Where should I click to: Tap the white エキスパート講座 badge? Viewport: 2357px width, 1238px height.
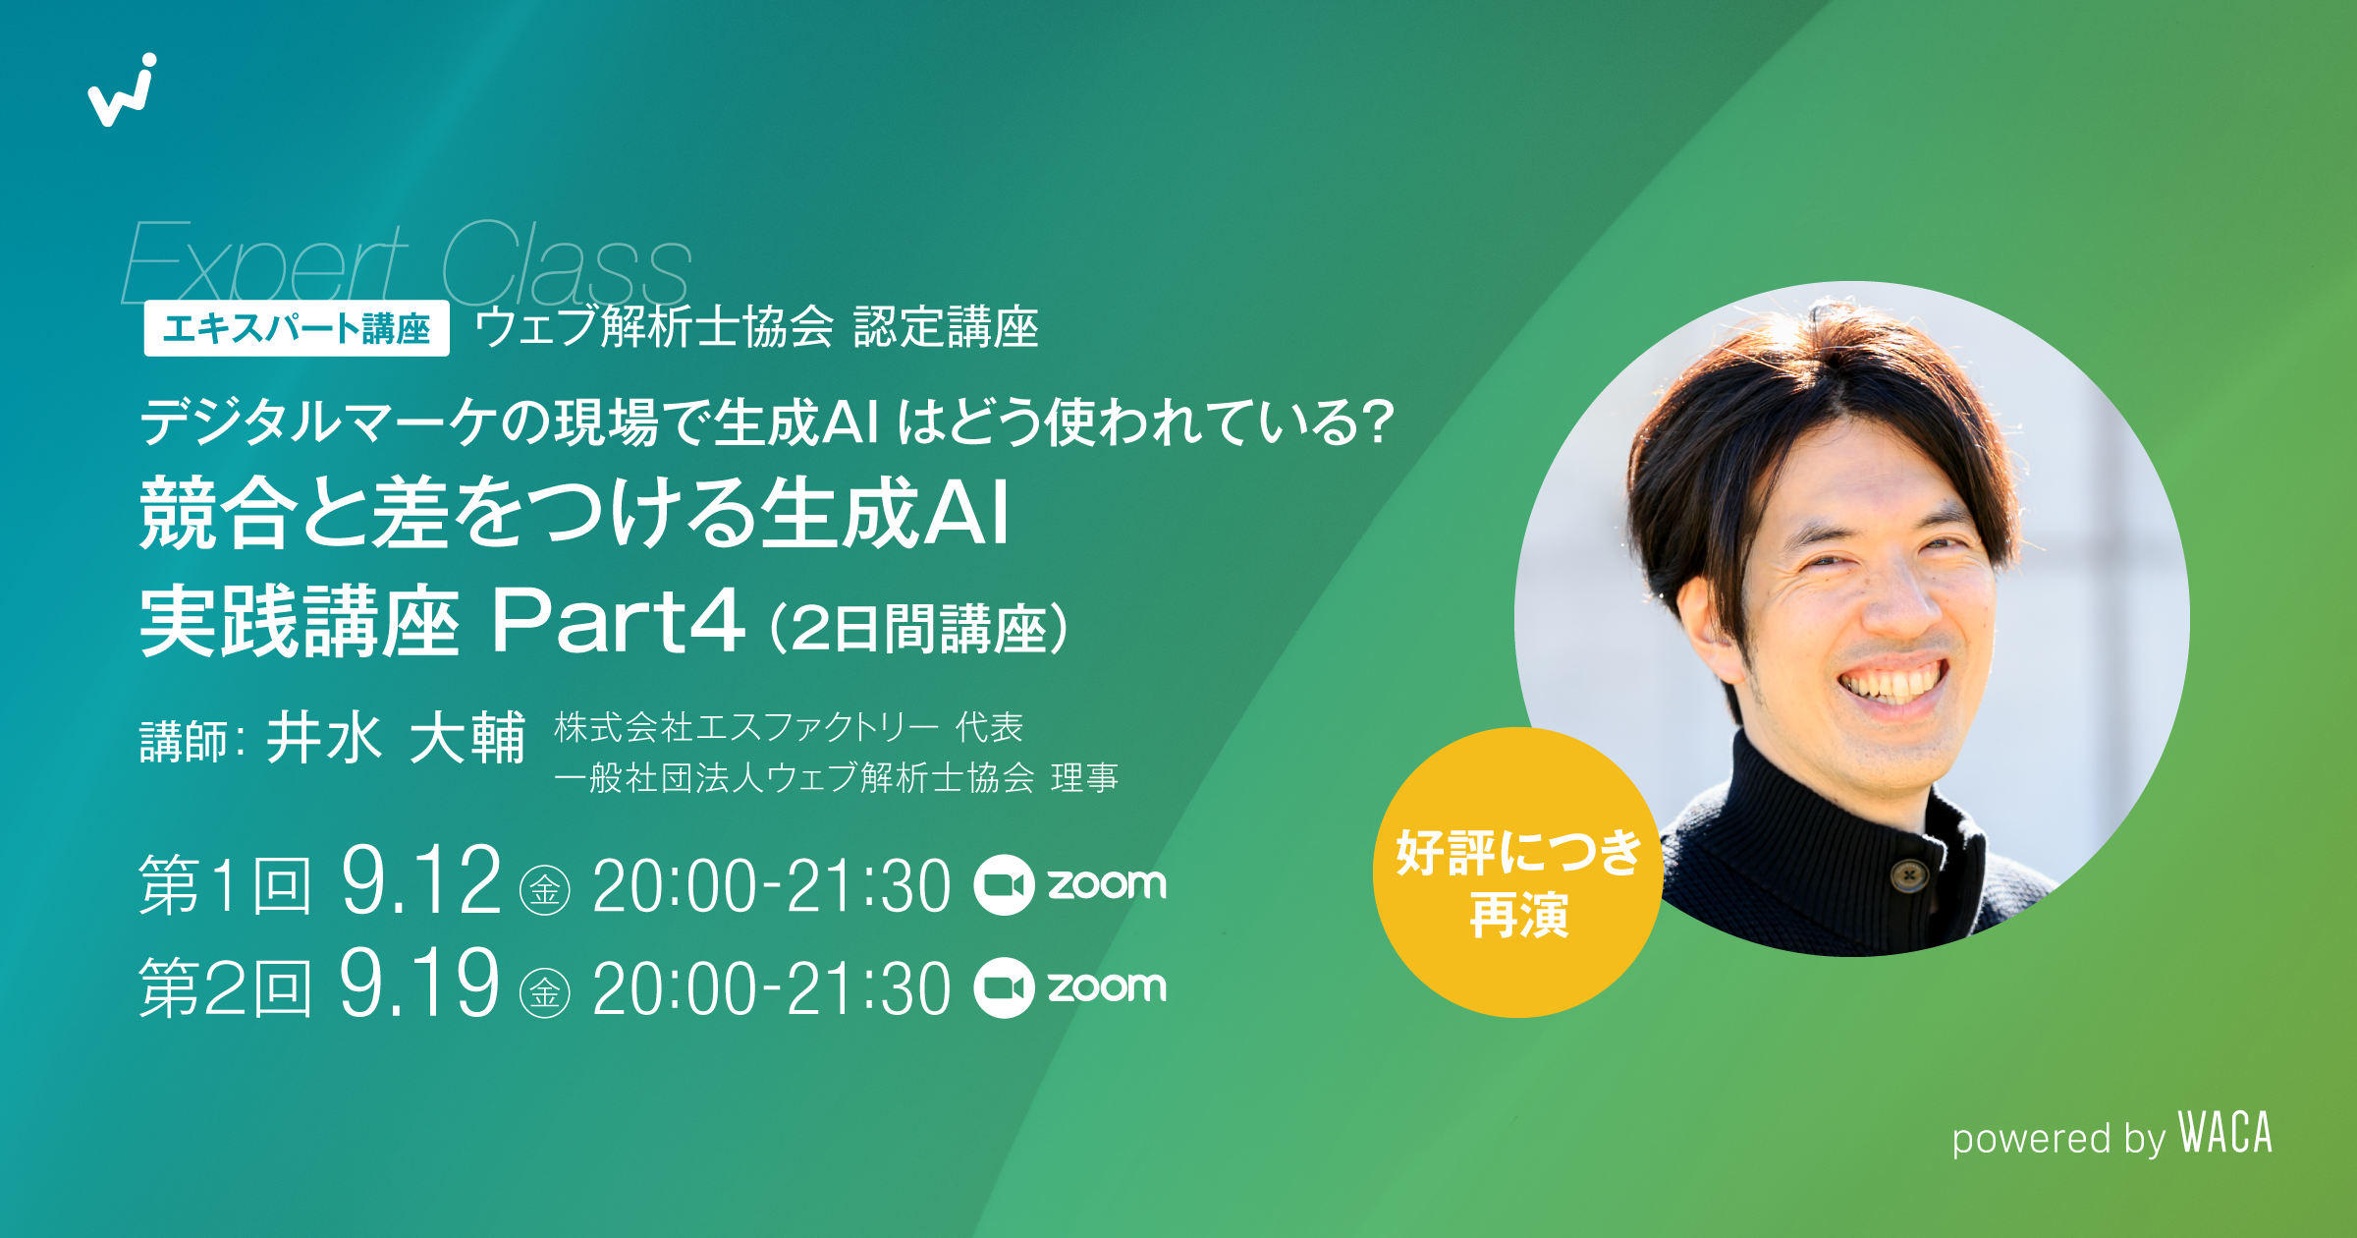coord(297,328)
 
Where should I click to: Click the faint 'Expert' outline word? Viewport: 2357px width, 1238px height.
coord(263,263)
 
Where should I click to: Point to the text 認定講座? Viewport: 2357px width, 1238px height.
coord(946,327)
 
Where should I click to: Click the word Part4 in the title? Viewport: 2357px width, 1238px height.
coord(618,620)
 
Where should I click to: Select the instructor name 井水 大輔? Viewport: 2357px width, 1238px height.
coord(396,738)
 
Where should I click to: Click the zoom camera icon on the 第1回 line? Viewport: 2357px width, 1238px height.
coord(1004,885)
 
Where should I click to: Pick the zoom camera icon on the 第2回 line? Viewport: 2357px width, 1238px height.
coord(1004,987)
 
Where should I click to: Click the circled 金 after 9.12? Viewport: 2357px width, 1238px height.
coord(545,890)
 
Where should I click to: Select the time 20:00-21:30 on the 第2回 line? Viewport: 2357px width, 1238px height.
coord(771,988)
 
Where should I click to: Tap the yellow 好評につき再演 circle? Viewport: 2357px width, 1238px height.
coord(1517,872)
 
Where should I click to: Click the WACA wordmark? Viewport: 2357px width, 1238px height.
coord(2225,1133)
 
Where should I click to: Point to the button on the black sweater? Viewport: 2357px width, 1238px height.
coord(1908,873)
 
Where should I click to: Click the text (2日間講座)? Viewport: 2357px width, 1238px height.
coord(918,628)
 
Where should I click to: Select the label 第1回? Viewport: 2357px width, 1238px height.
coord(225,885)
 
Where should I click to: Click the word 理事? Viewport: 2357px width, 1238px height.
coord(1084,778)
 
